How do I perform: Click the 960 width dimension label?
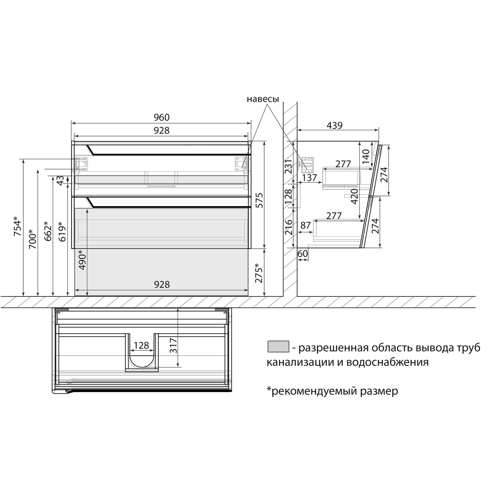coord(162,117)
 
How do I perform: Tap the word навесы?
coord(263,99)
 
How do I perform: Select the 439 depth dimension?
coord(334,125)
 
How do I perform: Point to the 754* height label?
coord(17,226)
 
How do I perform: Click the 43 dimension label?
coord(60,180)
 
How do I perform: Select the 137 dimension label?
coord(310,178)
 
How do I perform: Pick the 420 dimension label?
coord(354,196)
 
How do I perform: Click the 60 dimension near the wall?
coord(303,254)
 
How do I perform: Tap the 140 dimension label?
coord(365,154)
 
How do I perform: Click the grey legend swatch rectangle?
coord(278,347)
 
